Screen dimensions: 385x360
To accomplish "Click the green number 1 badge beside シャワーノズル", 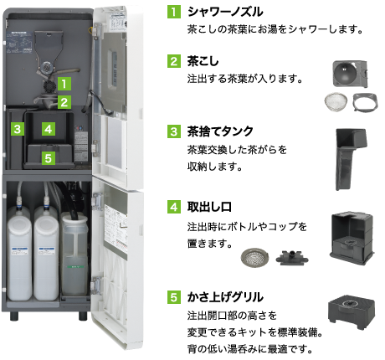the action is point(174,12).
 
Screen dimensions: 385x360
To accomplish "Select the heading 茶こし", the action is point(203,61).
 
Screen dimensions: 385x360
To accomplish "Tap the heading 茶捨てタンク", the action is point(220,131).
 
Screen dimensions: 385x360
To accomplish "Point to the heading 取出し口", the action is point(209,207).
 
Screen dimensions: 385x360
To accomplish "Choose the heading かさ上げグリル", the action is point(225,297).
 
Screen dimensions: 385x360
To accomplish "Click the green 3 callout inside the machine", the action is point(18,129).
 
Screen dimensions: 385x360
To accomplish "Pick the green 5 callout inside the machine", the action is point(49,158).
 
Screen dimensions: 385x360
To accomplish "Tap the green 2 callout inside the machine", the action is point(64,102).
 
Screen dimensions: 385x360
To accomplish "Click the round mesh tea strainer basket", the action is point(336,101).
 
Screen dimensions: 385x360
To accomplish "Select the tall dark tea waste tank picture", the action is point(350,159).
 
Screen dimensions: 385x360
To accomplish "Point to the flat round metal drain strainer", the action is point(254,257).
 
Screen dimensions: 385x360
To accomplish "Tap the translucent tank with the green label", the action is point(74,254).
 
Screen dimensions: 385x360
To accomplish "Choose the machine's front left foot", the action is point(14,316).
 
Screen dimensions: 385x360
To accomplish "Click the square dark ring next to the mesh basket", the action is point(365,102).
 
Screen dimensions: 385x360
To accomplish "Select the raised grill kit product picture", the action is point(352,311).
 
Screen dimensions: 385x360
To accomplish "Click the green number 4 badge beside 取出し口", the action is point(174,207).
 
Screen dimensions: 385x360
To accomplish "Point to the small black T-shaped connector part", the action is point(292,258).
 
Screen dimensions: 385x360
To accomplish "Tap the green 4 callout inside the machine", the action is point(49,129).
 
